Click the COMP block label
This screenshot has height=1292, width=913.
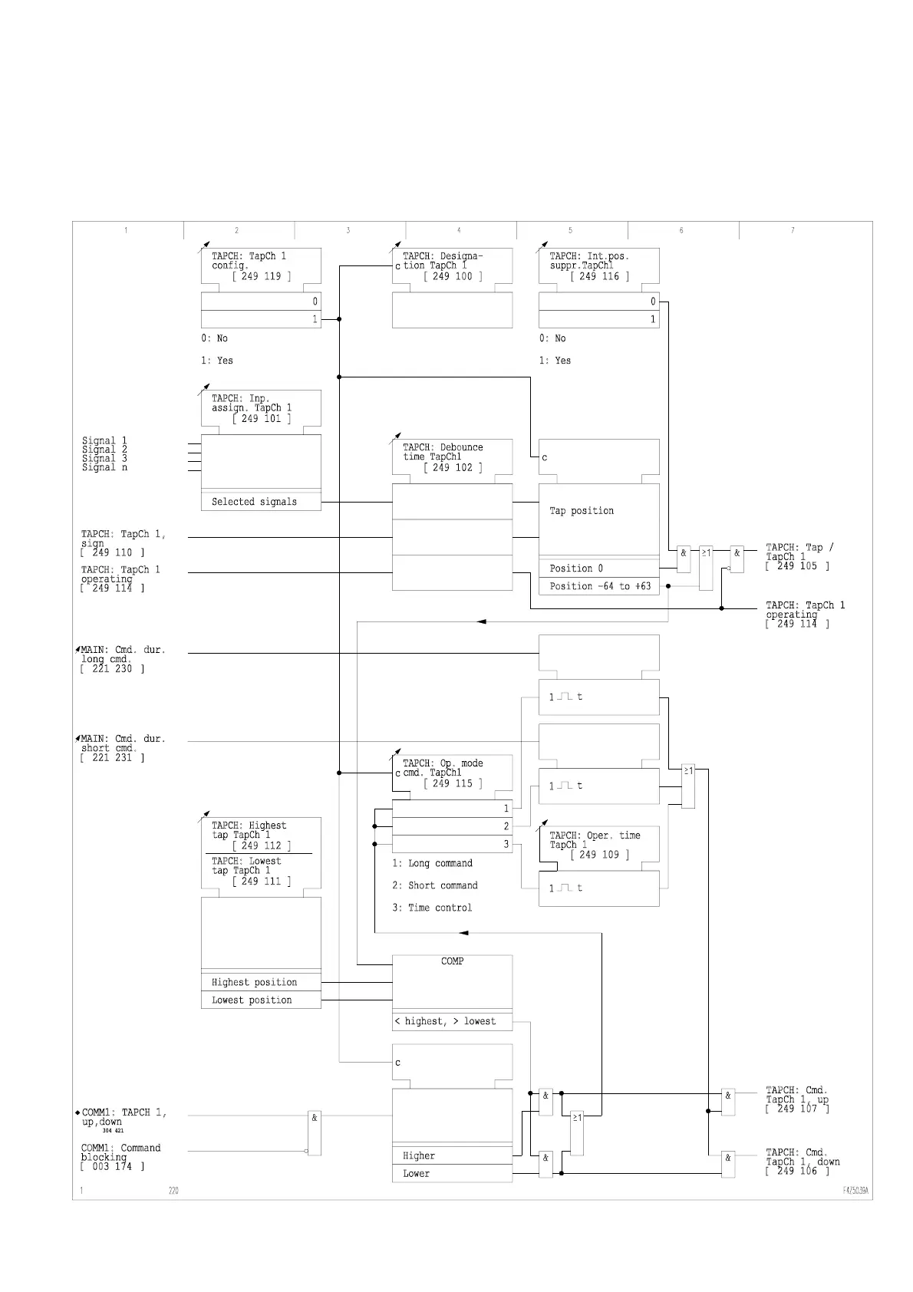452,961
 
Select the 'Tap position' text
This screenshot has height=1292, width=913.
582,511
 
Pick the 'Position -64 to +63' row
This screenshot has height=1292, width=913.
599,586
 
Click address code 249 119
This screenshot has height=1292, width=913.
261,276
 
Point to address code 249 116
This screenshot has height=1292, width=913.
599,276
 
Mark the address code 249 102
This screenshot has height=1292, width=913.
453,467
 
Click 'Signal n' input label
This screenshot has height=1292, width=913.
104,467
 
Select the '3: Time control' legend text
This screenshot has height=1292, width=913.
432,908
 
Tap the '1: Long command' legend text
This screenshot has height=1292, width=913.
432,863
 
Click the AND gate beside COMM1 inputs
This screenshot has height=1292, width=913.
315,1132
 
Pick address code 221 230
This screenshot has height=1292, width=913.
112,669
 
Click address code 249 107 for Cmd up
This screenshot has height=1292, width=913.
797,1109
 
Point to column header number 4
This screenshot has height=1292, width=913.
459,230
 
